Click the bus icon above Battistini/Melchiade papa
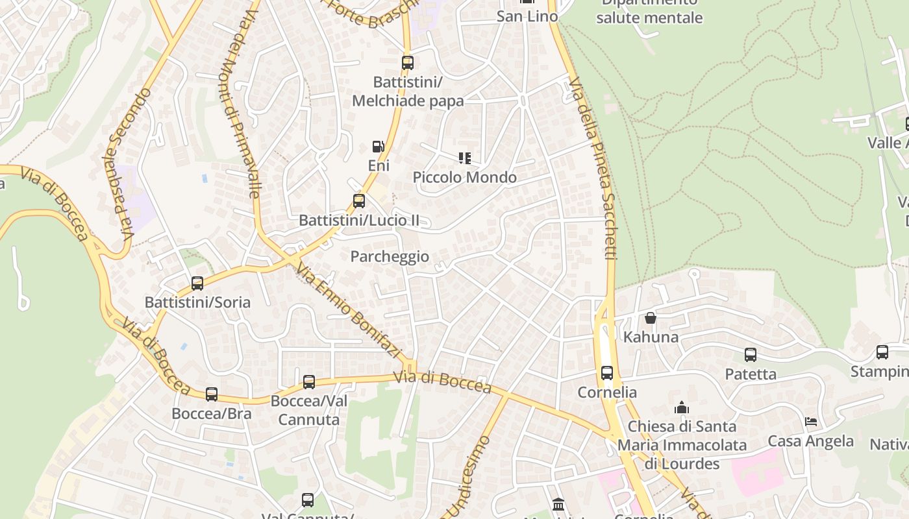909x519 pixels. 408,63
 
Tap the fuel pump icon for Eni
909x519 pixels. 378,147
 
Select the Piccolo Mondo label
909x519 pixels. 465,177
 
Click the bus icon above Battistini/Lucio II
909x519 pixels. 359,201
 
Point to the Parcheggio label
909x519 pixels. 390,256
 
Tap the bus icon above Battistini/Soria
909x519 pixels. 197,284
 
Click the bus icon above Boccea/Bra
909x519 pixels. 212,394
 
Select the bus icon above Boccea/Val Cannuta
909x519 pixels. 309,382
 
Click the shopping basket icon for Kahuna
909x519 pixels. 651,318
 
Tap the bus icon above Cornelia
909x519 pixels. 607,373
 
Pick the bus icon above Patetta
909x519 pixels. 751,355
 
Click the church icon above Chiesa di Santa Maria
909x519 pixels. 682,407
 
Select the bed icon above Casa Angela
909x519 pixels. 811,422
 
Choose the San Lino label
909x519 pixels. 527,16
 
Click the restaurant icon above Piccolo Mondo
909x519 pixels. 464,158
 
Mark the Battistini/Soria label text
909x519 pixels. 197,302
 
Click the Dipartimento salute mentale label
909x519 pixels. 649,12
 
